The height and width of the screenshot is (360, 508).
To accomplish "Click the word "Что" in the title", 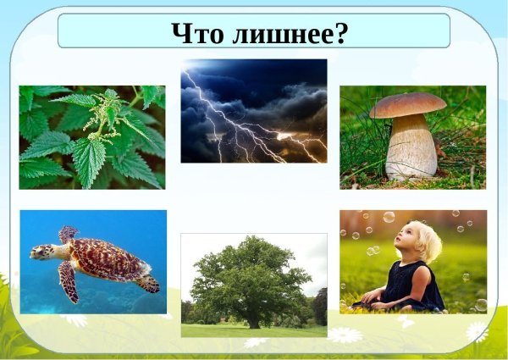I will [196, 32].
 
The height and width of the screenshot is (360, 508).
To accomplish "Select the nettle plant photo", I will [92, 136].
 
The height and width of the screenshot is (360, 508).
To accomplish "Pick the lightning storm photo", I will [253, 110].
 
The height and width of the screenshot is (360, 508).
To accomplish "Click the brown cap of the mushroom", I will [407, 105].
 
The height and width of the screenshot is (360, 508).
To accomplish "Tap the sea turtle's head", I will [40, 252].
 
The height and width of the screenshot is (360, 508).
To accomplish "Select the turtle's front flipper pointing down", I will [69, 284].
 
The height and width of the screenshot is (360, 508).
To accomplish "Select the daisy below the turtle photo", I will [76, 320].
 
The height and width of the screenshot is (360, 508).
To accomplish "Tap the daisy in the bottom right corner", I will [477, 331].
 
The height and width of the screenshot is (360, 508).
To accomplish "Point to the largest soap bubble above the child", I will [389, 217].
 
